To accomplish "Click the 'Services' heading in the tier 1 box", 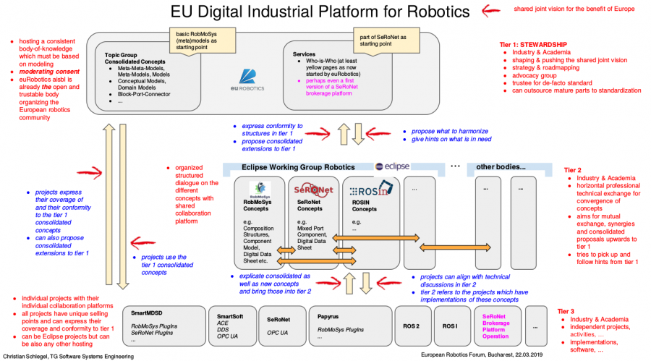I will pyautogui.click(x=304, y=54).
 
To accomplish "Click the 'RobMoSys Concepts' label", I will pyautogui.click(x=259, y=205).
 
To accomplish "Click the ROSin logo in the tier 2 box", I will pyautogui.click(x=369, y=191).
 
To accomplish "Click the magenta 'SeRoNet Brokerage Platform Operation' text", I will pyautogui.click(x=495, y=326).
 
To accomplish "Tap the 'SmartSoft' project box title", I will pyautogui.click(x=231, y=316).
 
